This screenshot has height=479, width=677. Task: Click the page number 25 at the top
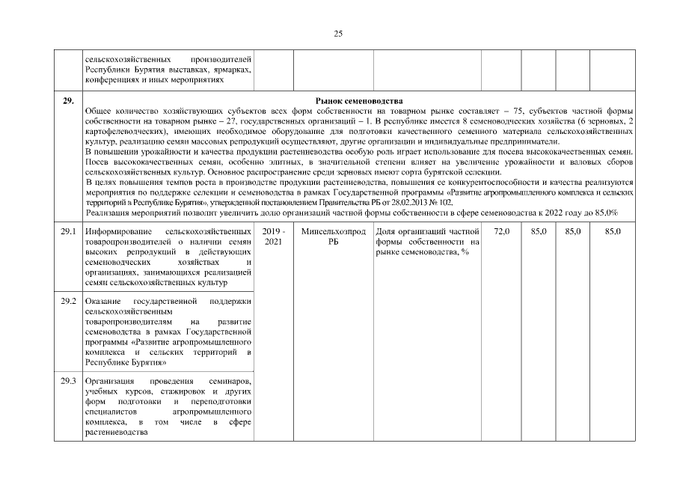coord(338,34)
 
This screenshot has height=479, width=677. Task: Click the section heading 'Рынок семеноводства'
coord(359,101)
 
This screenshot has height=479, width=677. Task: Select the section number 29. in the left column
coord(68,101)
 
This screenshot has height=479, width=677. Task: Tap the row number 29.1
coord(68,233)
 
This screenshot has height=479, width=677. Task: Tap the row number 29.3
coord(68,381)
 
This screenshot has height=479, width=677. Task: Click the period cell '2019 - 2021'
coord(275,237)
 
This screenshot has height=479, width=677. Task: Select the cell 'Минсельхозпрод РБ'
coord(333,237)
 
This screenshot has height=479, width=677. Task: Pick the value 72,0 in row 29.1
coord(502,233)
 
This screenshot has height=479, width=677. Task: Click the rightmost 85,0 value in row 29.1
coord(613,233)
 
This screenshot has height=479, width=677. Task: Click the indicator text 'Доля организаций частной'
coord(426,233)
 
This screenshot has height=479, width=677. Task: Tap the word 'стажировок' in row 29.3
coord(173,391)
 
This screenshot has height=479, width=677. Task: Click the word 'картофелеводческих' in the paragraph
coord(121,131)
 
